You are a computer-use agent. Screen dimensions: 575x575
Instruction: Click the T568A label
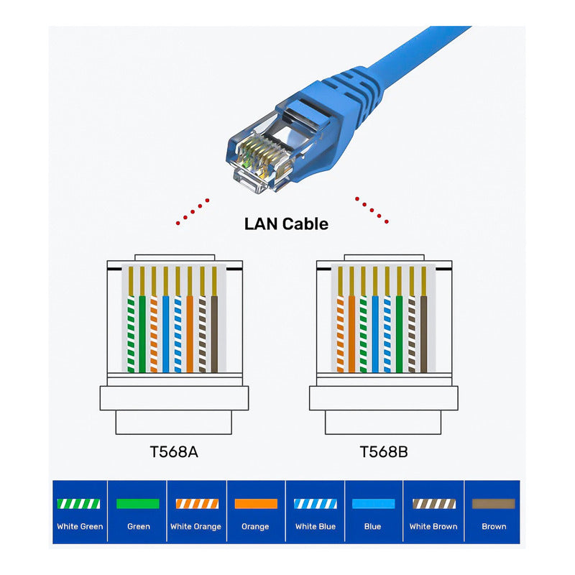pyautogui.click(x=175, y=452)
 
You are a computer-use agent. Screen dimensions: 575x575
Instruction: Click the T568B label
pyautogui.click(x=384, y=452)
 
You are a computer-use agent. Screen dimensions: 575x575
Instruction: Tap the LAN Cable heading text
pyautogui.click(x=286, y=224)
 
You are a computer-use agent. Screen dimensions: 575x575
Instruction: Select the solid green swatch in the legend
pyautogui.click(x=138, y=504)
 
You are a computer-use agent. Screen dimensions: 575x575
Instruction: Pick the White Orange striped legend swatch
pyautogui.click(x=196, y=504)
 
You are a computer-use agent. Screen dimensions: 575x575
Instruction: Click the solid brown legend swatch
pyautogui.click(x=493, y=504)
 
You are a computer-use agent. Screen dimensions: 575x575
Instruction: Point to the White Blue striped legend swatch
pyautogui.click(x=315, y=504)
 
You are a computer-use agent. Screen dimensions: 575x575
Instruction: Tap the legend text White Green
pyautogui.click(x=80, y=527)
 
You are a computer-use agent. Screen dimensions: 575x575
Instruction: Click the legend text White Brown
pyautogui.click(x=433, y=527)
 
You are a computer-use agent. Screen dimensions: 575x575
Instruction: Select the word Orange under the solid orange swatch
pyautogui.click(x=255, y=527)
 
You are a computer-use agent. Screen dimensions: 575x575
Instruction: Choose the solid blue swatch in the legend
pyautogui.click(x=372, y=504)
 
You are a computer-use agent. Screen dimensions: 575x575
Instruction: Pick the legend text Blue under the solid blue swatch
pyautogui.click(x=372, y=527)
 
